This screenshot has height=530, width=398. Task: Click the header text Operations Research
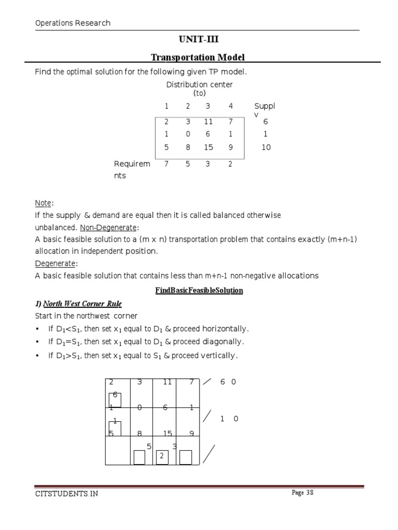coord(73,23)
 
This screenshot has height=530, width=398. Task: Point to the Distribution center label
coord(200,84)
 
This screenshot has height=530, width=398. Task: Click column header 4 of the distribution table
coord(231,106)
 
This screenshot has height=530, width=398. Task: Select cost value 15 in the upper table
coord(209,147)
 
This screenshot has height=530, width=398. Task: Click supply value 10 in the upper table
coord(266,147)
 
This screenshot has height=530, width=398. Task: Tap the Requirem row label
coord(132,164)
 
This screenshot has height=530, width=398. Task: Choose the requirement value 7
coord(166,164)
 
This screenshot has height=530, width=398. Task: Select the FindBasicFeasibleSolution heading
coord(199,290)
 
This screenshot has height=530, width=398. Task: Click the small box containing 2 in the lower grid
coord(162,457)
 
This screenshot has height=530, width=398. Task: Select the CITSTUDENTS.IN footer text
coord(66,493)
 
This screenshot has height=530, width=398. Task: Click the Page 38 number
coord(303,493)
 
